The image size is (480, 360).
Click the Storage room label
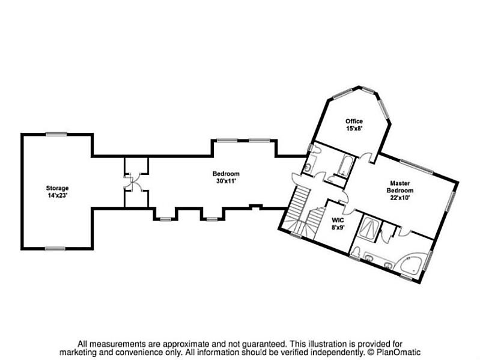tap(58, 188)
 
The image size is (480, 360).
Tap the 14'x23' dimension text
tap(58, 195)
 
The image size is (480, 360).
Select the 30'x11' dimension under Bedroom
tap(226, 181)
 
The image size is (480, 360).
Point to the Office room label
tap(354, 121)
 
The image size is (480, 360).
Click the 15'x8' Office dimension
tap(354, 129)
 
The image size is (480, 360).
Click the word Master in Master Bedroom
tap(399, 183)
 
